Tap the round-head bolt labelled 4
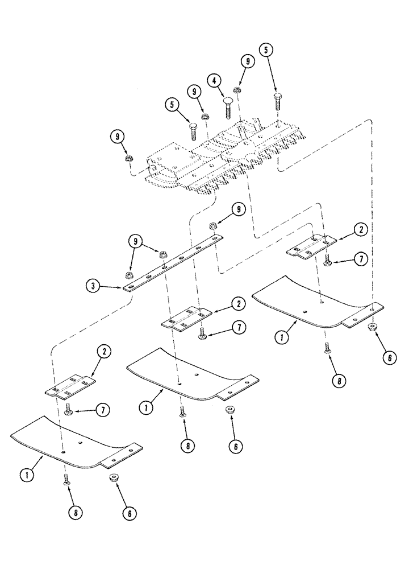pyautogui.click(x=227, y=106)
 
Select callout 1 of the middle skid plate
pyautogui.click(x=146, y=409)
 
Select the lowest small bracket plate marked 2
pyautogui.click(x=71, y=386)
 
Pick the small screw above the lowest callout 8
pyautogui.click(x=66, y=479)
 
